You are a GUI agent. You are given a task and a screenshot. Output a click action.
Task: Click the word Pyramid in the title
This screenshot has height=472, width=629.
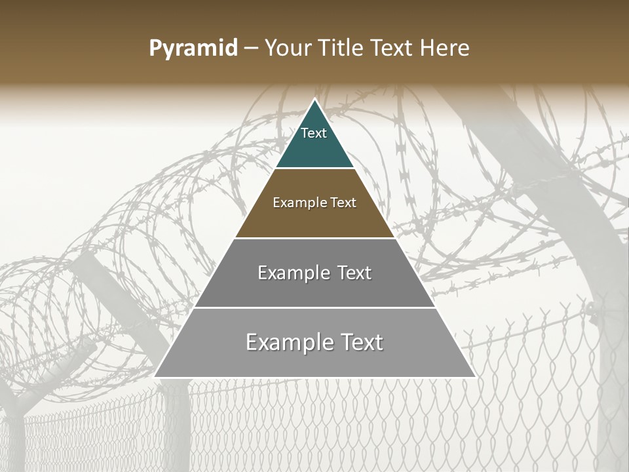(x=193, y=49)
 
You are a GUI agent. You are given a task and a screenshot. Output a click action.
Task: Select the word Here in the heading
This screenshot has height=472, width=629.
(x=445, y=49)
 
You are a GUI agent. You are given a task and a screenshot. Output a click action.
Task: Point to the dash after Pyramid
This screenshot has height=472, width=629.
(x=250, y=49)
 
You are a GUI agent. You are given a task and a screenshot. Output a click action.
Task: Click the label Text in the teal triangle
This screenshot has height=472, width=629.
(x=314, y=133)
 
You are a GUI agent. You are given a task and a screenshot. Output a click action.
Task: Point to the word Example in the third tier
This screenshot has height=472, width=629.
(x=293, y=273)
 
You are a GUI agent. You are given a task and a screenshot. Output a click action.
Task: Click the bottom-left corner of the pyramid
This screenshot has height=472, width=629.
(x=155, y=377)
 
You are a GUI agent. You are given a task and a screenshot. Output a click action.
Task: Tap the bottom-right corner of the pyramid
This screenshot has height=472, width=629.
(x=475, y=377)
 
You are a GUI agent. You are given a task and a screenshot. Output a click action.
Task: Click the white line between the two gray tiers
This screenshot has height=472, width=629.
(x=314, y=307)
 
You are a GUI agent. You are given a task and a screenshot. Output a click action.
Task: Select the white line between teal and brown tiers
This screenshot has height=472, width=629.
(x=314, y=168)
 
